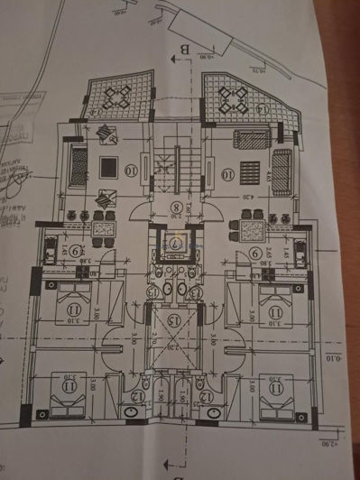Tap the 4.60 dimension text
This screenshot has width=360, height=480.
pyautogui.click(x=267, y=166)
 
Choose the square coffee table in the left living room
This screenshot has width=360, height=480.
pyautogui.click(x=106, y=166)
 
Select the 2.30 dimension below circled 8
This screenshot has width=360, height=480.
pyautogui.click(x=174, y=217)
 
